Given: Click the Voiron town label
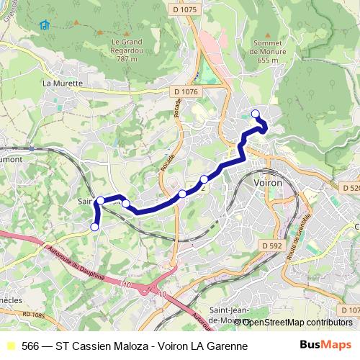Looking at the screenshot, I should coord(268,184).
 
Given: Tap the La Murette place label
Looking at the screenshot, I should coord(63,83).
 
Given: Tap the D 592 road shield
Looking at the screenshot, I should coord(272,246).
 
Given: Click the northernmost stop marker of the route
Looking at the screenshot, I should coord(255,112).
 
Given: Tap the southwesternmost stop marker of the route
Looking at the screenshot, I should coord(94,228).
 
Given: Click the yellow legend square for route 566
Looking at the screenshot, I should coord(9,346).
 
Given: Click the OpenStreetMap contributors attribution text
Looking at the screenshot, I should coord(297,322).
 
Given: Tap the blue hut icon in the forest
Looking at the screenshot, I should coord(45,25).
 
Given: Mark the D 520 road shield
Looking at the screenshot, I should coord(348,187).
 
